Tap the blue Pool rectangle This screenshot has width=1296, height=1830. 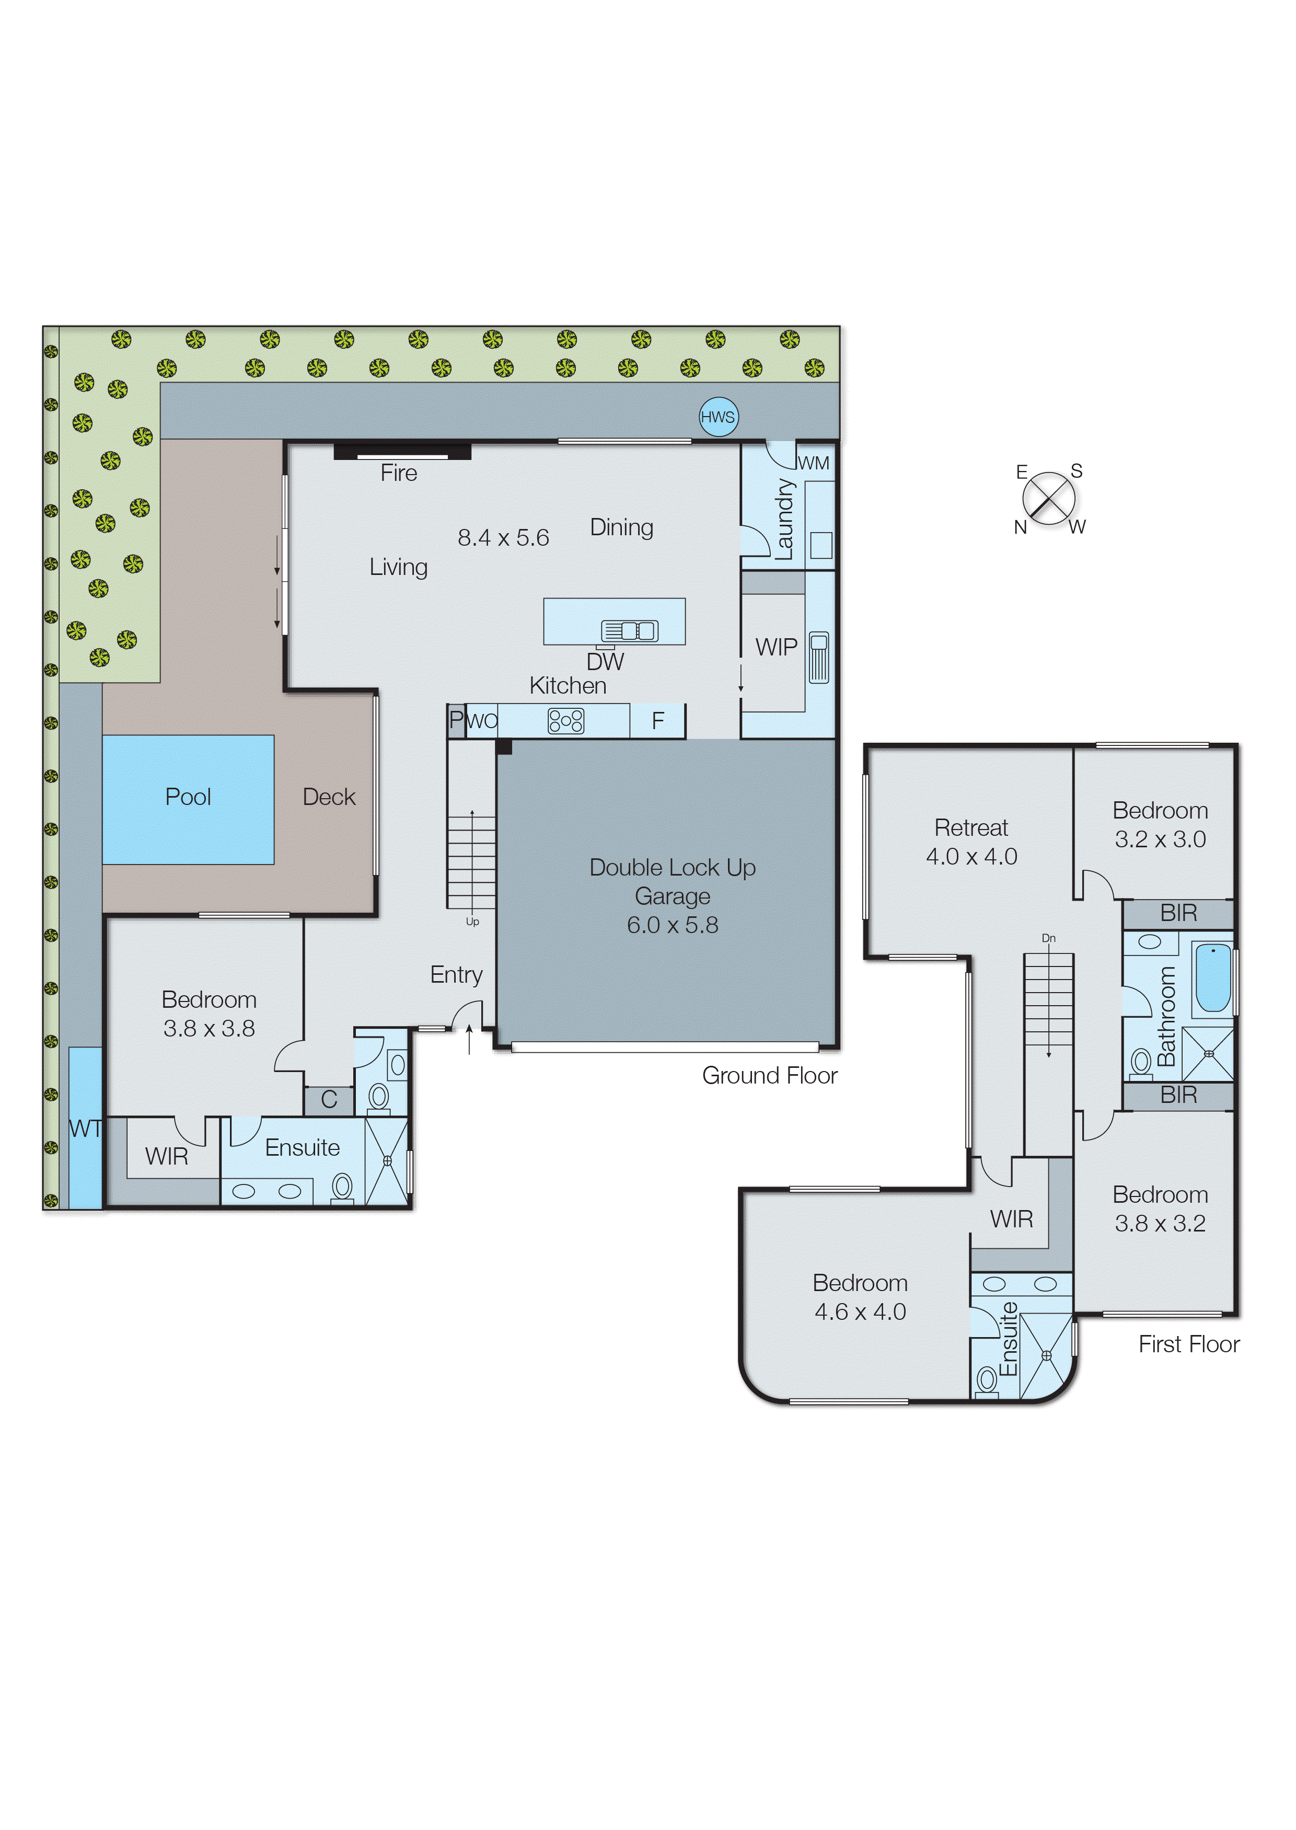(x=188, y=799)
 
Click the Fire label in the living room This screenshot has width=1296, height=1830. (x=398, y=473)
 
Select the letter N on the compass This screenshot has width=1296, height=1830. (x=1020, y=527)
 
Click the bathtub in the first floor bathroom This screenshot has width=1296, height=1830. (x=1212, y=977)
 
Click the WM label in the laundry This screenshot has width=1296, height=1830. (x=813, y=463)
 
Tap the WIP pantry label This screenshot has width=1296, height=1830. (x=776, y=647)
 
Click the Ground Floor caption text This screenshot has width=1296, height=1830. (x=769, y=1075)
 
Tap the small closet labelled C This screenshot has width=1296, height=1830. (x=329, y=1100)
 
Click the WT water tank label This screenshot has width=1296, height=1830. (x=85, y=1129)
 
